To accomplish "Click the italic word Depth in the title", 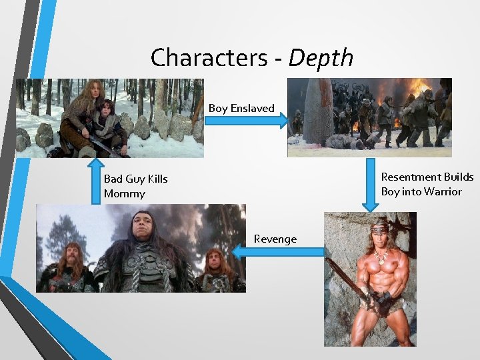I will coord(321,58).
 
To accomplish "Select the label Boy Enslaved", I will coord(241,108).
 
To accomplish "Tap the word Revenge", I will coord(275,239).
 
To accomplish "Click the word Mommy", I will coord(124,194).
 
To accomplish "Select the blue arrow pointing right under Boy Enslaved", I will coord(247,121).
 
